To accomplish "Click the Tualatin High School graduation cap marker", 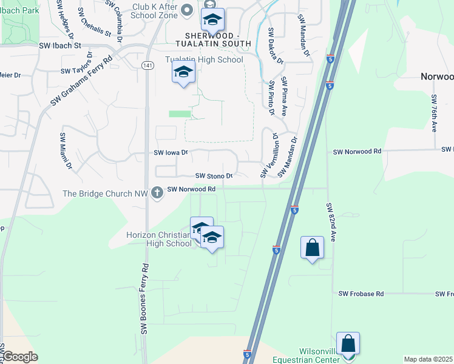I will pos(183,73).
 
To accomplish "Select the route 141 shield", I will pos(147,65).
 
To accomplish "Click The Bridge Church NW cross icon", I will pos(157,192).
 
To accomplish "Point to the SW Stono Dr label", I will pos(214,176).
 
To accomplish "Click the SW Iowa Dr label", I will pos(172,153).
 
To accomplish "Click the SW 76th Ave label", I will pos(434,113).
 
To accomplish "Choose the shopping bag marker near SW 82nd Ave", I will pos(312,248).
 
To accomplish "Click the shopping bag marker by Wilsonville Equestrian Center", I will pos(348,344).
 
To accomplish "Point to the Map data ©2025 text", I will pos(428,359).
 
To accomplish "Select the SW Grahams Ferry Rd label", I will pos(81,81).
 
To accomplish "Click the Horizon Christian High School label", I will pos(158,239).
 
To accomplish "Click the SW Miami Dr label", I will pos(65,151).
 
